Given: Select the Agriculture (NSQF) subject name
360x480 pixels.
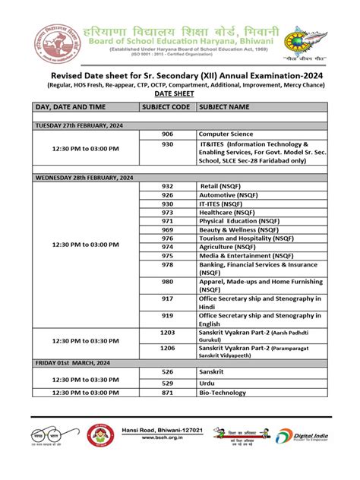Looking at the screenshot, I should tap(233, 246).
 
